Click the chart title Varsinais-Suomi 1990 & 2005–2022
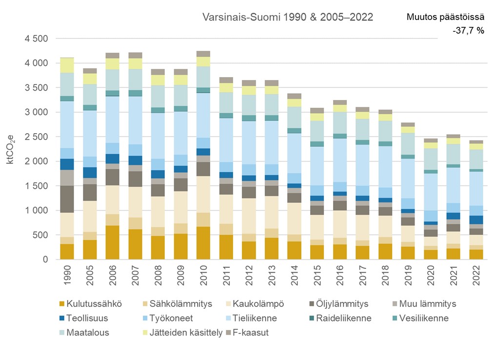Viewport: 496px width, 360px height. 288,17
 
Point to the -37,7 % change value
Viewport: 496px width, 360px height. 468,31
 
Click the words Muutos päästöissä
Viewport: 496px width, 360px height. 445,17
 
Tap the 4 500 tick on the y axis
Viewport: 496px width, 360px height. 35,39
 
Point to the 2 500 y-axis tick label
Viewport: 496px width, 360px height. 35,137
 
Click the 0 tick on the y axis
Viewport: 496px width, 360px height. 44,260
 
